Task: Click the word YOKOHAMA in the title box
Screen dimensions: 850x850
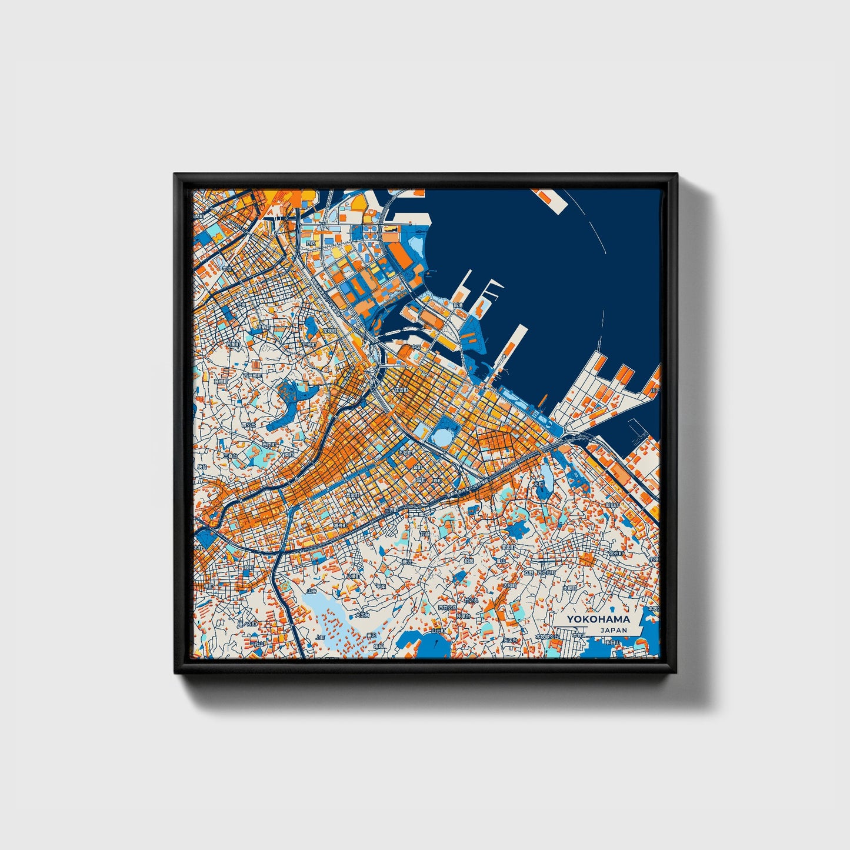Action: tap(598, 619)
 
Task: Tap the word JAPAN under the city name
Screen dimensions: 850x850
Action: tap(614, 630)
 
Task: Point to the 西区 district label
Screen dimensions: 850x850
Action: tap(311, 243)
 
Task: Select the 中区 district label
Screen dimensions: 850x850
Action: tap(416, 347)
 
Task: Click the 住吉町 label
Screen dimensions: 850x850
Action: tap(401, 390)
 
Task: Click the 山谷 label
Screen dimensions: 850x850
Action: tap(311, 591)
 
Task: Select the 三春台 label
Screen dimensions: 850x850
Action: tap(230, 455)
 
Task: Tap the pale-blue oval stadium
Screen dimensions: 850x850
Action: tap(440, 437)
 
